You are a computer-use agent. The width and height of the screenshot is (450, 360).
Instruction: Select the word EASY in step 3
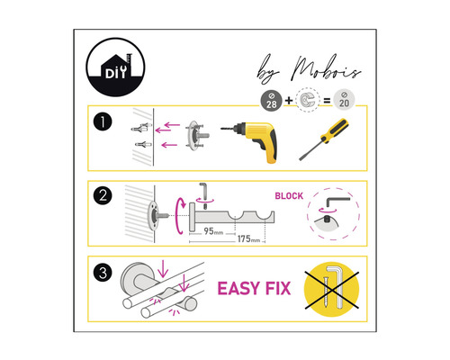click(242, 289)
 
